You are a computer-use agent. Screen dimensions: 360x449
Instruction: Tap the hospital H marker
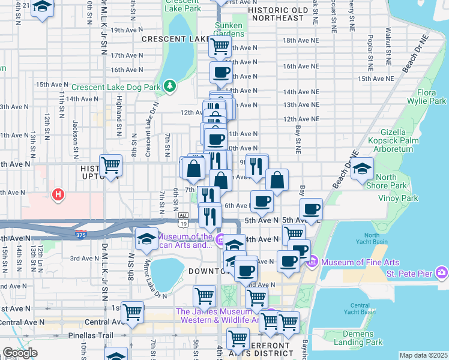(58, 195)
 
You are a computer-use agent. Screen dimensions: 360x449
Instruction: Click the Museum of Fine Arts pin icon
(312, 262)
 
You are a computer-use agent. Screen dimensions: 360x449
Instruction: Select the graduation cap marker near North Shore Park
(363, 167)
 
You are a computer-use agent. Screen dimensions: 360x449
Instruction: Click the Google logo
(19, 353)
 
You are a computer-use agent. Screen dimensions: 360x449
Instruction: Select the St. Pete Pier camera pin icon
(442, 274)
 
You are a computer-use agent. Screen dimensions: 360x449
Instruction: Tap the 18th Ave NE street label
(299, 40)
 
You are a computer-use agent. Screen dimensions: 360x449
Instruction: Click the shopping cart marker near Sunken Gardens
(220, 46)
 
